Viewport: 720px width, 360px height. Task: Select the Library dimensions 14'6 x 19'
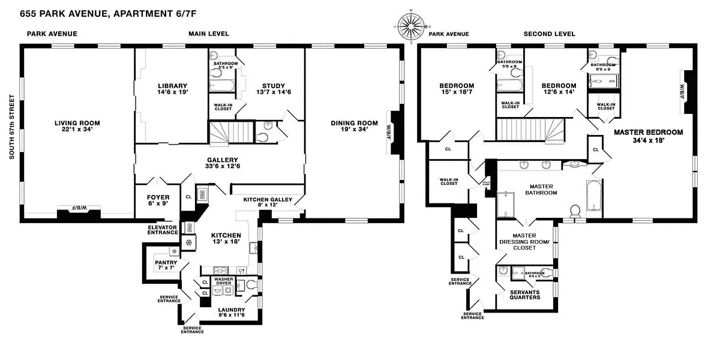[x=173, y=94]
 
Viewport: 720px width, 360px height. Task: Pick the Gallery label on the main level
[x=223, y=160]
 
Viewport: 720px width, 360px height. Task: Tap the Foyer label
[x=158, y=197]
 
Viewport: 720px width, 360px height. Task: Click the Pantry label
[x=165, y=262]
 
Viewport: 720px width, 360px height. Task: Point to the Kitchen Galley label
[x=268, y=199]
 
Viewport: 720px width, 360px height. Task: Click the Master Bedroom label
[x=648, y=131]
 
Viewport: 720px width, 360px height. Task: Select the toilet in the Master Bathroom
[x=575, y=211]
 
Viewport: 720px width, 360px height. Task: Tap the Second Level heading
[x=549, y=34]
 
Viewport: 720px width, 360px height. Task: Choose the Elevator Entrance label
[x=163, y=230]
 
